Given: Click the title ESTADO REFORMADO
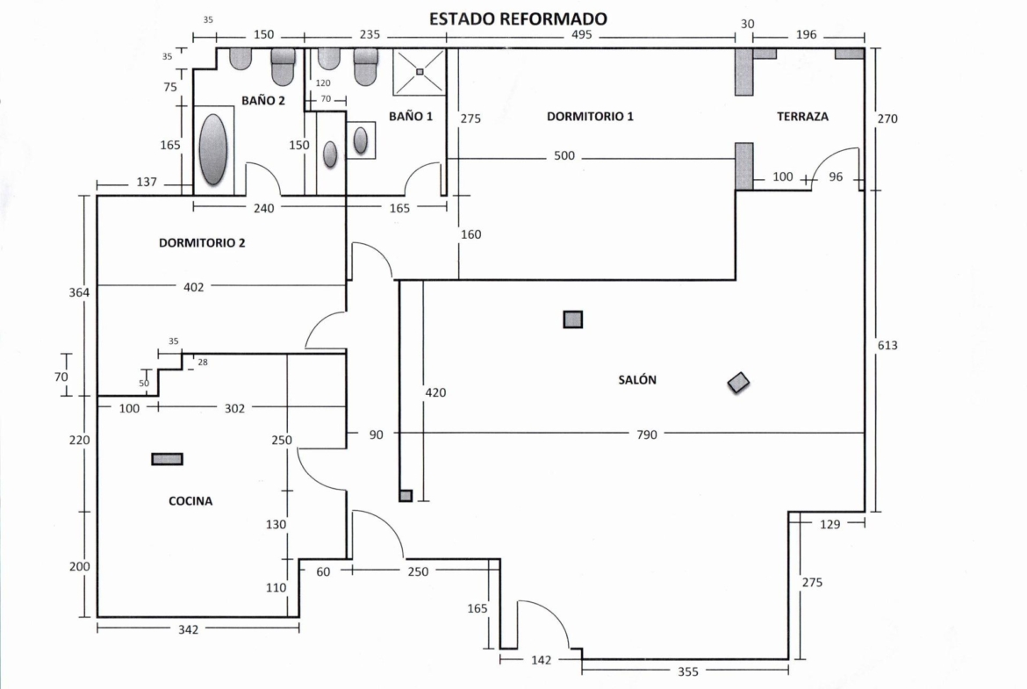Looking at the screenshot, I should click(518, 18).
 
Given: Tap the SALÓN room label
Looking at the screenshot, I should click(637, 380).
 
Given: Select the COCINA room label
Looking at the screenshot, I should click(190, 501).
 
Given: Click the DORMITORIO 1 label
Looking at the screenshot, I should click(590, 116).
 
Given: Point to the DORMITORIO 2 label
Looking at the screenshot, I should click(202, 243).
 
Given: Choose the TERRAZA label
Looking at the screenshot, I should click(802, 116).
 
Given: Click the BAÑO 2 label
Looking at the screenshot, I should click(263, 100).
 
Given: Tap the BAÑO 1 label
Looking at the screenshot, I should click(412, 116).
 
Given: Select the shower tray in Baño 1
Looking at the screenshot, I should click(420, 70).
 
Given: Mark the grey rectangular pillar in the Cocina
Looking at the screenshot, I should click(168, 458).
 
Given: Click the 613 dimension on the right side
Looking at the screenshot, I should click(888, 345).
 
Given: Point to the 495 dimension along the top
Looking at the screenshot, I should click(582, 35).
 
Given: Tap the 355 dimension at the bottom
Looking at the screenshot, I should click(688, 672).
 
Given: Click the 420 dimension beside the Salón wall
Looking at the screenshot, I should click(435, 392).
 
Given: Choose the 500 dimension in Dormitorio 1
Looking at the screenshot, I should click(566, 157).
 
